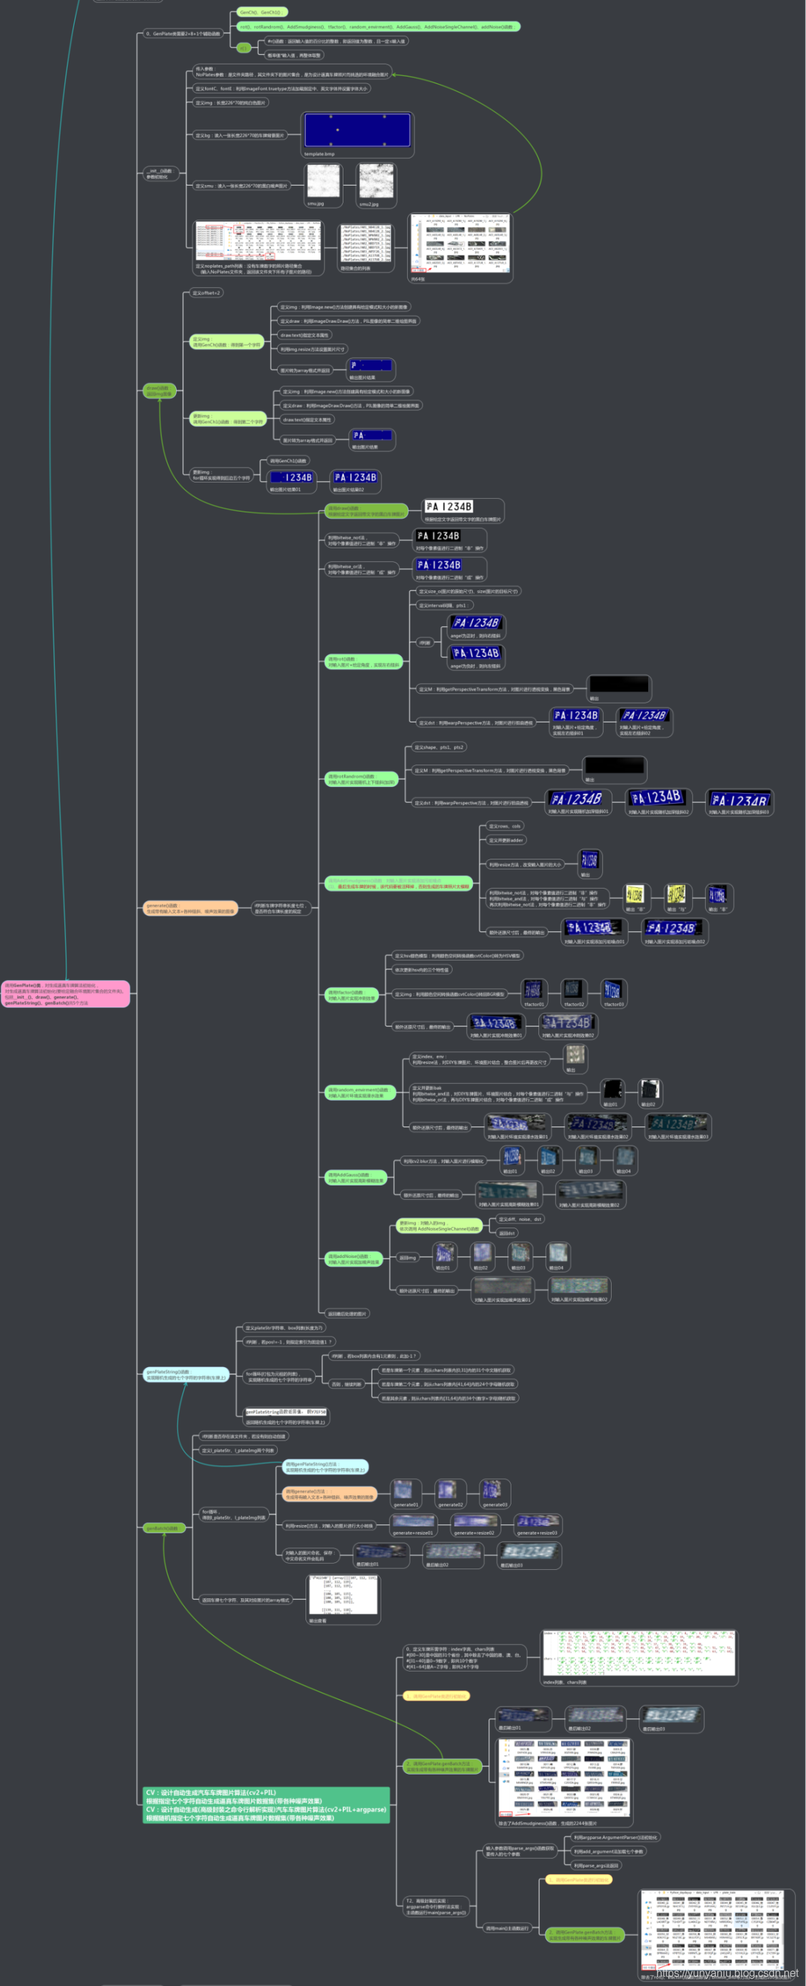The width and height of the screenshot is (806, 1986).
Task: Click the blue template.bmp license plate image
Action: click(x=357, y=130)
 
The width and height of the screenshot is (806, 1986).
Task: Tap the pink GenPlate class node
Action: click(x=66, y=994)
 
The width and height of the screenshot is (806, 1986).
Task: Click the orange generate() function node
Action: click(x=190, y=908)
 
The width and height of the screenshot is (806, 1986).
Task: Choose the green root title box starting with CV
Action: click(x=266, y=1805)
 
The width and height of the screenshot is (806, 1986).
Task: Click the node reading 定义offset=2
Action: click(x=206, y=293)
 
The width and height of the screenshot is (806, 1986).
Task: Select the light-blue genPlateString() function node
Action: click(x=186, y=1375)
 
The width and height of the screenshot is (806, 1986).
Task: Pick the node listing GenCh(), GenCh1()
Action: click(x=261, y=12)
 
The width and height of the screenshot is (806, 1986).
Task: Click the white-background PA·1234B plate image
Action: click(x=448, y=506)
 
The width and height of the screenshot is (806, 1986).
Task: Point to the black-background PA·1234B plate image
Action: click(x=438, y=536)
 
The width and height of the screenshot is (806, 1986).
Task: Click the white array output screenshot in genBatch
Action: click(x=343, y=1594)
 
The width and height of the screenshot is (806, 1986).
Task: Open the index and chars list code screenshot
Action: click(x=639, y=1653)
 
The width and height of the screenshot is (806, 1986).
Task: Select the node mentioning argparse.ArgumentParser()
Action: click(x=616, y=1837)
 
